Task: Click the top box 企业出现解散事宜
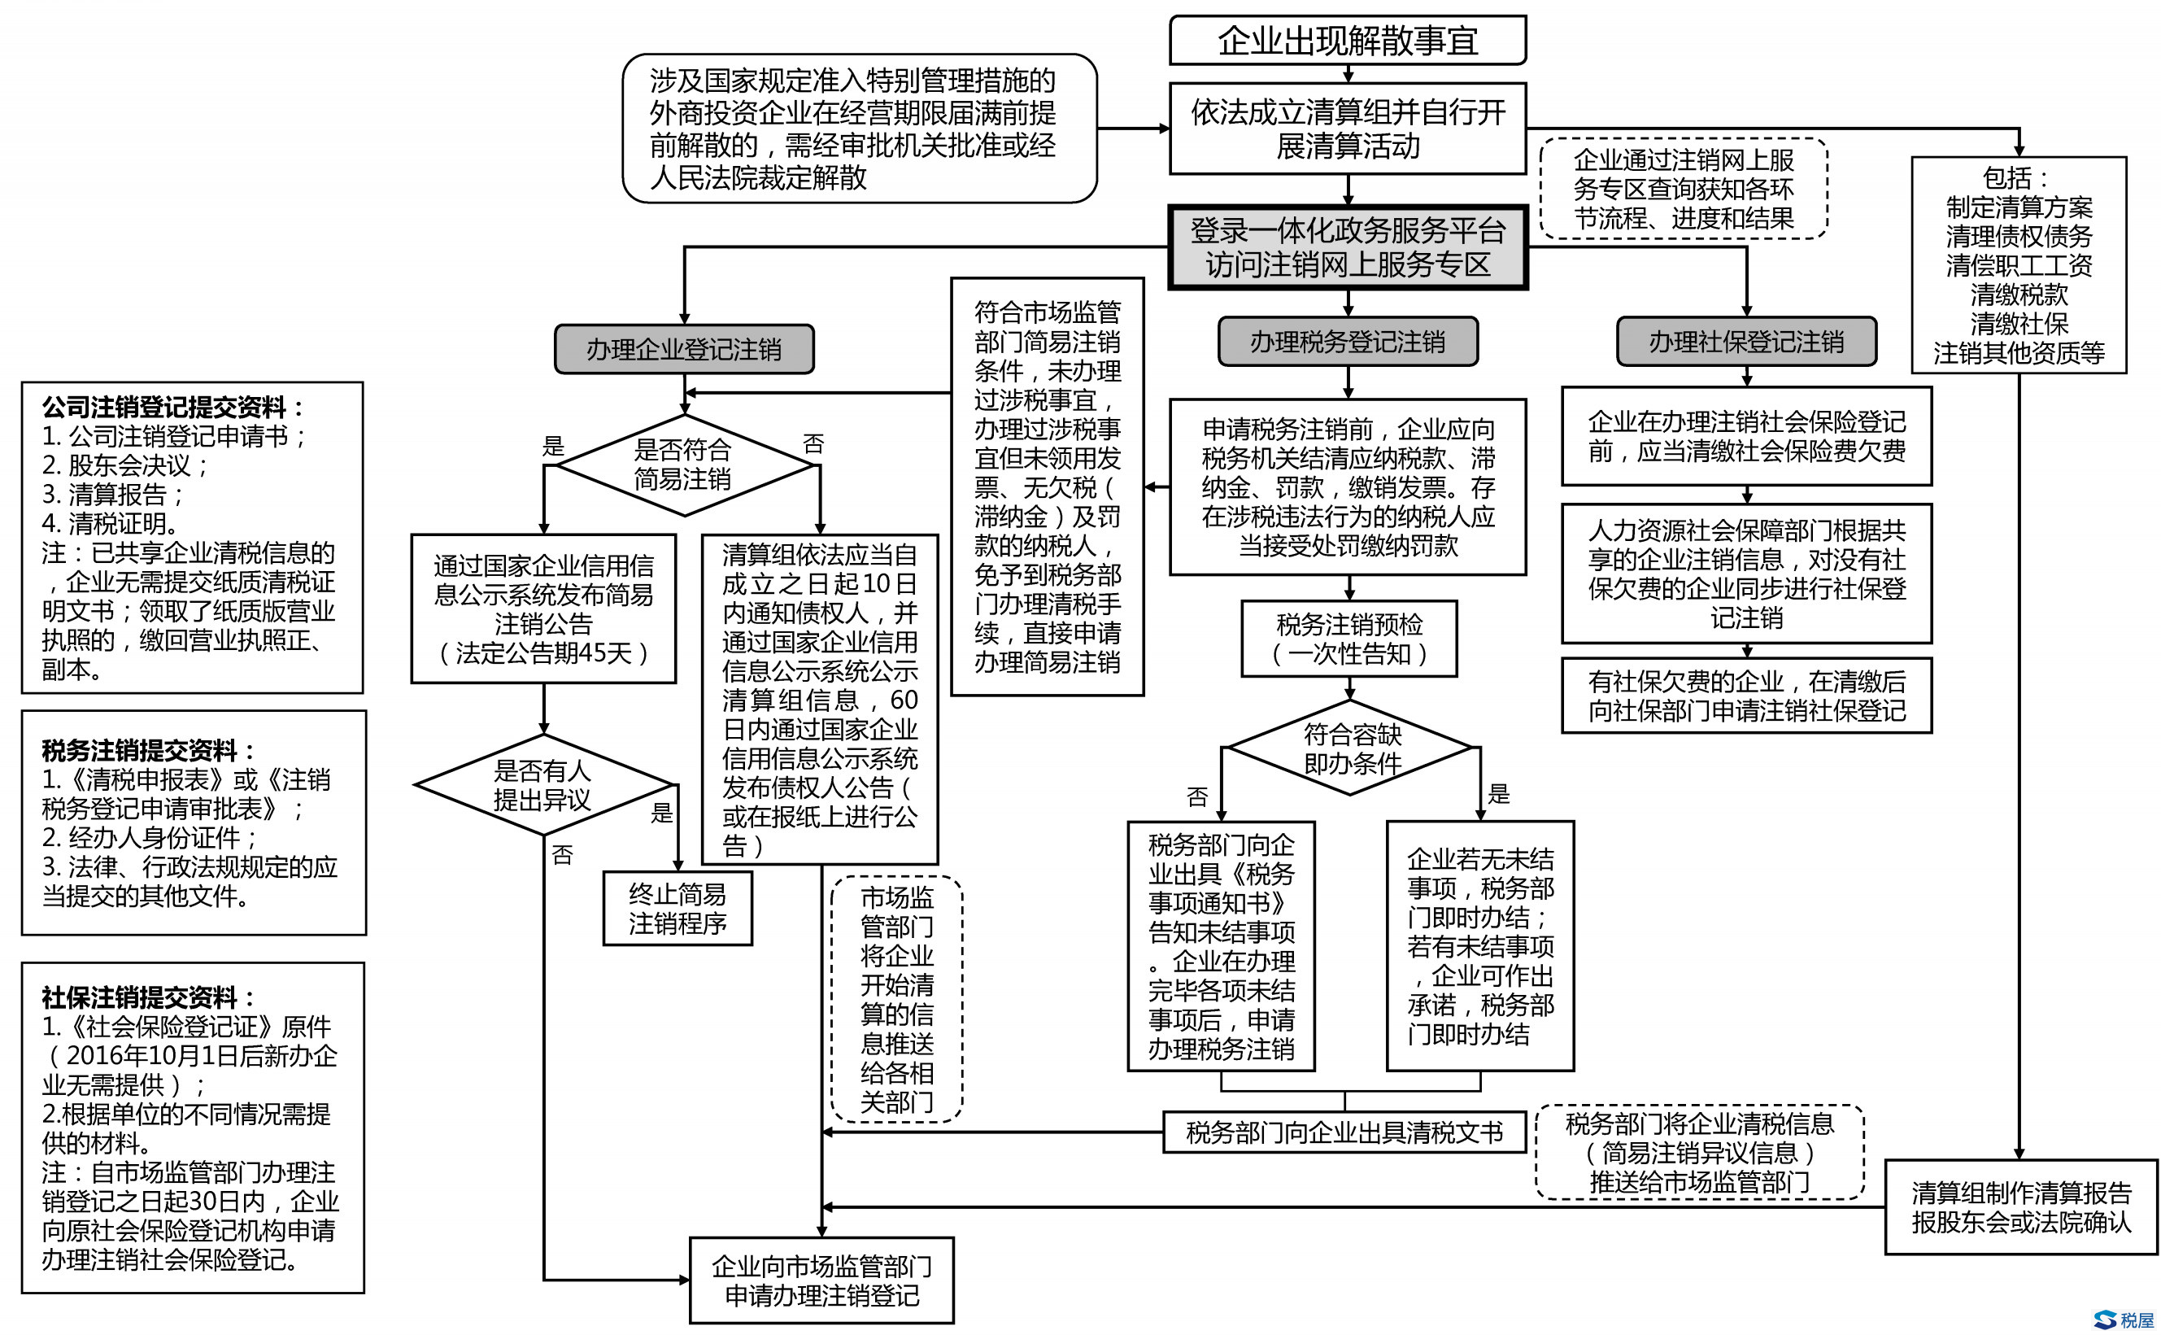pyautogui.click(x=1347, y=41)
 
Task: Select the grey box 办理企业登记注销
pyautogui.click(x=683, y=350)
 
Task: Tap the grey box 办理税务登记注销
pyautogui.click(x=1347, y=342)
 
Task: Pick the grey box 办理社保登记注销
pyautogui.click(x=1745, y=342)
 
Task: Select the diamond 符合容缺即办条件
pyautogui.click(x=1352, y=748)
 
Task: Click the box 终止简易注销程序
pyautogui.click(x=677, y=909)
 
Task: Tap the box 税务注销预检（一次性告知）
pyautogui.click(x=1348, y=639)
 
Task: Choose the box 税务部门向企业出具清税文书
pyautogui.click(x=1344, y=1132)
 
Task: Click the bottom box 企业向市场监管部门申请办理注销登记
pyautogui.click(x=821, y=1280)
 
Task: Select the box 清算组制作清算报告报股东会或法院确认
pyautogui.click(x=2020, y=1207)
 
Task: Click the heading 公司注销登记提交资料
pyautogui.click(x=173, y=407)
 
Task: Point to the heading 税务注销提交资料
pyautogui.click(x=149, y=751)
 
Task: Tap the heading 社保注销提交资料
pyautogui.click(x=149, y=997)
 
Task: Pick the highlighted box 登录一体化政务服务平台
pyautogui.click(x=1347, y=247)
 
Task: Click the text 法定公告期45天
pyautogui.click(x=543, y=653)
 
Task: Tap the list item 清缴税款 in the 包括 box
pyautogui.click(x=2018, y=294)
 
